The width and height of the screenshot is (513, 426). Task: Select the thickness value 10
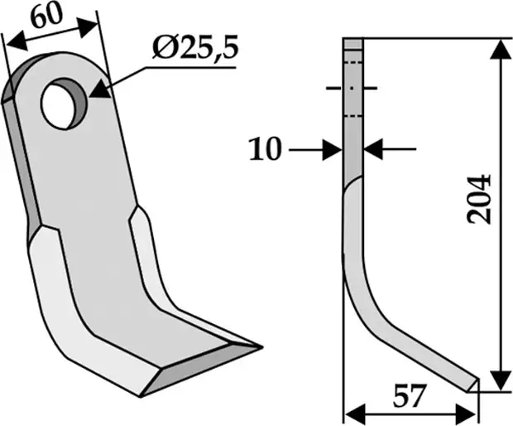click(265, 149)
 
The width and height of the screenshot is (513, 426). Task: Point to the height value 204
click(479, 200)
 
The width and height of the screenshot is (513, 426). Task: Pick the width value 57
click(410, 395)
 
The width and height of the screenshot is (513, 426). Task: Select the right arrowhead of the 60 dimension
click(88, 27)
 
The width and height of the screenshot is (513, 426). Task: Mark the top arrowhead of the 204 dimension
click(501, 50)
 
